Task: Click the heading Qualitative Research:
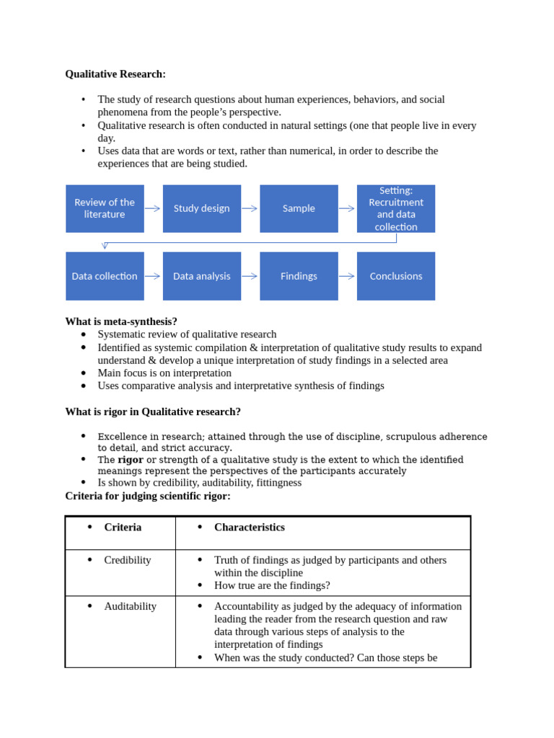[115, 74]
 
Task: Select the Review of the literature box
[105, 208]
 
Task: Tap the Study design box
[201, 208]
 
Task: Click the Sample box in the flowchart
[299, 208]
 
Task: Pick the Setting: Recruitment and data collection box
[396, 208]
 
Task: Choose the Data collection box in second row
[105, 276]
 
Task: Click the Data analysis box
[201, 276]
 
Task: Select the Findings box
[299, 276]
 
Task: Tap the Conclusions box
[396, 276]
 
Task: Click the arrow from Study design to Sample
[250, 208]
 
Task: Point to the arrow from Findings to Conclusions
[346, 276]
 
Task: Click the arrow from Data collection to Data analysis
[152, 276]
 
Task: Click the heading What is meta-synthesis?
[121, 321]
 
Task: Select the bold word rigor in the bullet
[131, 460]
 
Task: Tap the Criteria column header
[123, 528]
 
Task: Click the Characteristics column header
[249, 528]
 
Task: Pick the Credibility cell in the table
[128, 560]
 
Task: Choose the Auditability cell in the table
[130, 606]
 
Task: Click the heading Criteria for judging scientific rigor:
[148, 496]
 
